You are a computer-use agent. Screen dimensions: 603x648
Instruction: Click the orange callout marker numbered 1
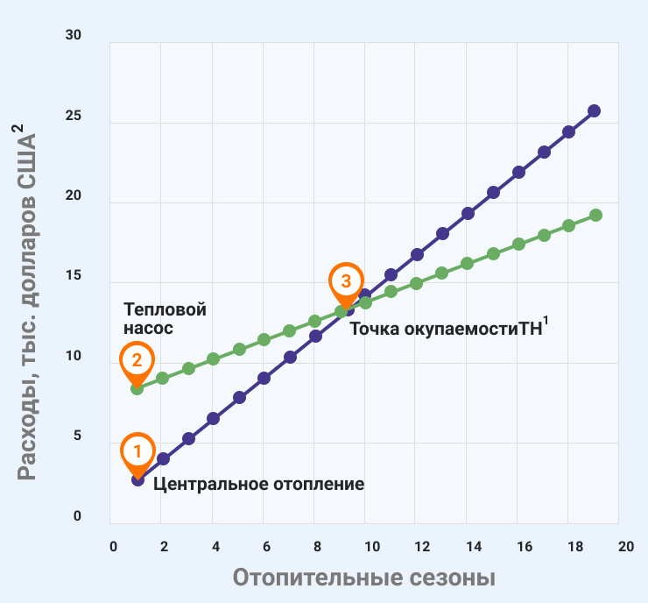pyautogui.click(x=137, y=451)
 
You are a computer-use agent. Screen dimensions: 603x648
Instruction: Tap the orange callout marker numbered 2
pyautogui.click(x=137, y=360)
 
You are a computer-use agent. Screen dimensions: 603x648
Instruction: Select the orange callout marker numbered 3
pyautogui.click(x=346, y=281)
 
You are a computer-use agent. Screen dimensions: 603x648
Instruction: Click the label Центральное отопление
pyautogui.click(x=258, y=483)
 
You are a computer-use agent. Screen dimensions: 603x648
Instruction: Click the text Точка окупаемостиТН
pyautogui.click(x=448, y=329)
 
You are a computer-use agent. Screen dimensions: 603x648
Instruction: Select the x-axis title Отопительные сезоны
pyautogui.click(x=364, y=578)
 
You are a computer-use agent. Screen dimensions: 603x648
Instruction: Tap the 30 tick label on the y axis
pyautogui.click(x=73, y=35)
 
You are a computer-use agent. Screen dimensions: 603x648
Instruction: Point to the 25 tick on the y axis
pyautogui.click(x=73, y=116)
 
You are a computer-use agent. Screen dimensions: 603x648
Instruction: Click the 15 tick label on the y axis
pyautogui.click(x=73, y=276)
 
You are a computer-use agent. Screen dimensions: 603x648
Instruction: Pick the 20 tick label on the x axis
pyautogui.click(x=624, y=546)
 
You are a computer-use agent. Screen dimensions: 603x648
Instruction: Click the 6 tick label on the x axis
pyautogui.click(x=266, y=546)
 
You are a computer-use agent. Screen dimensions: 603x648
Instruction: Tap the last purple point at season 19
pyautogui.click(x=594, y=110)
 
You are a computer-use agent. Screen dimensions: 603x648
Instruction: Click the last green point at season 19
pyautogui.click(x=595, y=215)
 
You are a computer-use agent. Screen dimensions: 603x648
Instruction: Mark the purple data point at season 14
pyautogui.click(x=468, y=213)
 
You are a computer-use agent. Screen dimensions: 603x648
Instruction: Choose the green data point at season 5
pyautogui.click(x=239, y=349)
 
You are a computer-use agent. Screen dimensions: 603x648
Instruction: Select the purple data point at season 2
pyautogui.click(x=163, y=458)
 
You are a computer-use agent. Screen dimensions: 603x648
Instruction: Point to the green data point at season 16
pyautogui.click(x=518, y=244)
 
